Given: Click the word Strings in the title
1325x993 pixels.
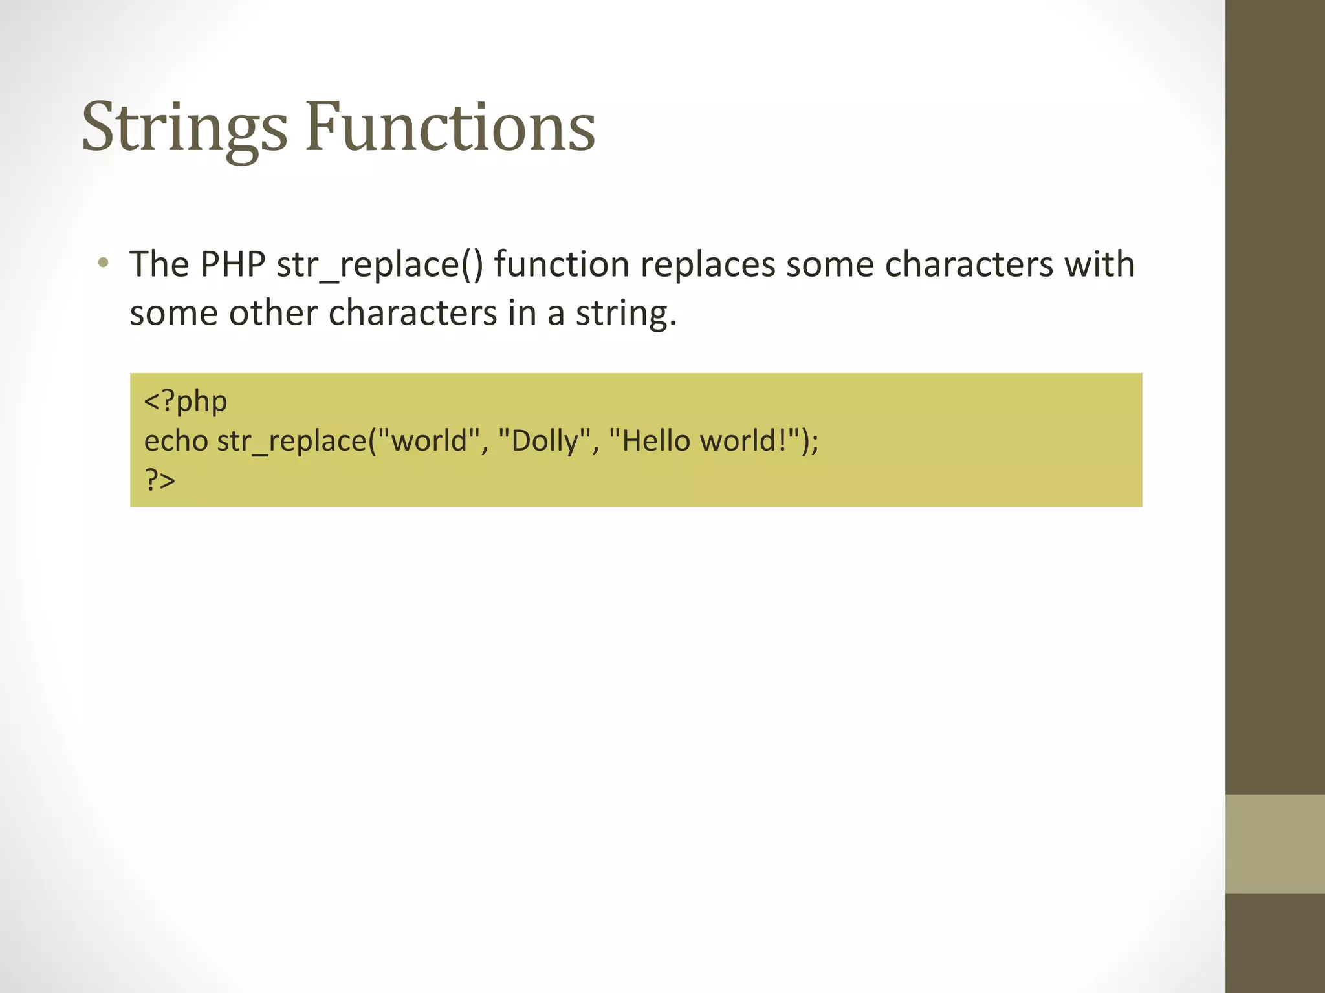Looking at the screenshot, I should pos(184,127).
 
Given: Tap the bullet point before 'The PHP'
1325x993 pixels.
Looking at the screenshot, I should pos(104,263).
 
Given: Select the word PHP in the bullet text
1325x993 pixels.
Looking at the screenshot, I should pos(233,264).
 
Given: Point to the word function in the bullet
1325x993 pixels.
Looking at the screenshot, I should pos(562,264).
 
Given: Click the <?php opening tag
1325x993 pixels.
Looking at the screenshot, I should pos(186,401).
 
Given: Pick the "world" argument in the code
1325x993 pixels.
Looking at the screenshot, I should pos(428,441).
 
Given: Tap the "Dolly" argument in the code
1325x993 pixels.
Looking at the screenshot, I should pos(545,442).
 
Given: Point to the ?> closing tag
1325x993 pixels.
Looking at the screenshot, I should pos(160,480).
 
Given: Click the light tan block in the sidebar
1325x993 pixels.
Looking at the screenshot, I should pos(1275,844).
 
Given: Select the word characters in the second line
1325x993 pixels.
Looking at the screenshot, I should pos(413,313).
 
